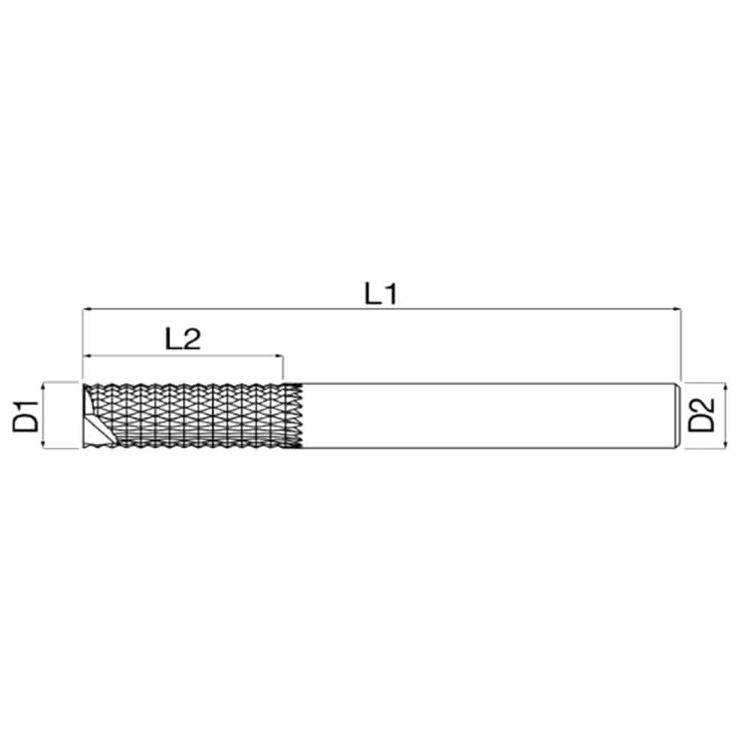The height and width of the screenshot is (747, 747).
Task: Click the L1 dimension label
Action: click(380, 294)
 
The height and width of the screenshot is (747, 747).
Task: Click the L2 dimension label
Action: click(183, 339)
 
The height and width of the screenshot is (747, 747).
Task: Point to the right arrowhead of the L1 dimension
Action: click(677, 309)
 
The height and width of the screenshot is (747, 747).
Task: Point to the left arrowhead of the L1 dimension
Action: click(88, 309)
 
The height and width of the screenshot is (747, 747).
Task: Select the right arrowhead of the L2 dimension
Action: click(279, 356)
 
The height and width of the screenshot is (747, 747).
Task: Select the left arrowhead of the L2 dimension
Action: click(88, 356)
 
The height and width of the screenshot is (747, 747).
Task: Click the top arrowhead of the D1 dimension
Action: click(43, 387)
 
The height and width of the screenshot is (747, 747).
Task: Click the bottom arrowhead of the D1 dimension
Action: click(43, 443)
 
